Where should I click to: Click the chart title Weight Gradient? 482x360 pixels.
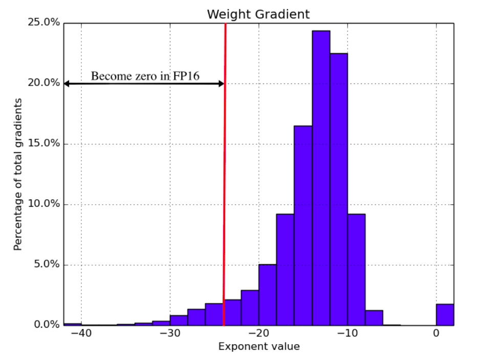258,14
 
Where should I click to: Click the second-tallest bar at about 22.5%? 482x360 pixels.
339,189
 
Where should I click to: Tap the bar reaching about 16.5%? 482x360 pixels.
303,225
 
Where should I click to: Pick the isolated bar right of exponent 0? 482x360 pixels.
445,314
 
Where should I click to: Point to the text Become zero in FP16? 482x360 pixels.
145,76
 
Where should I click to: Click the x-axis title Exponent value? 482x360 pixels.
259,347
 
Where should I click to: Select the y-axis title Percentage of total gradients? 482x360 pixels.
18,174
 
